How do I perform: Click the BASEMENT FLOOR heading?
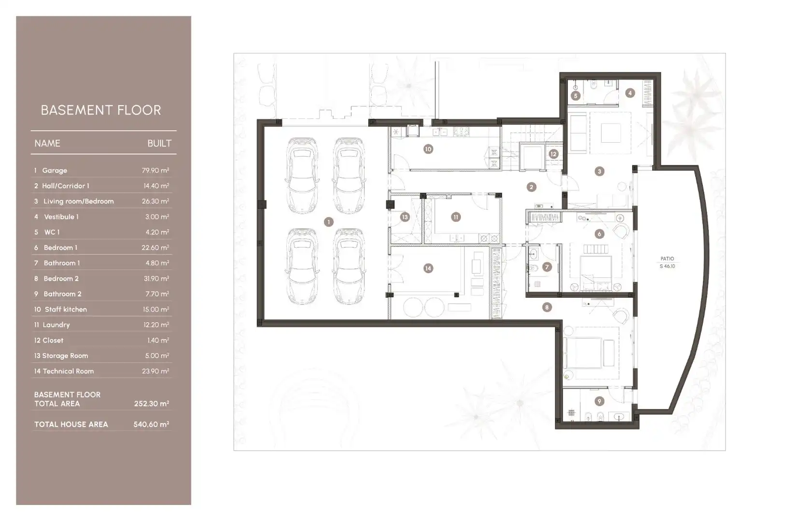click(100, 110)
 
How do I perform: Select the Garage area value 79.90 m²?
click(155, 170)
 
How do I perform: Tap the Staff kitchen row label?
click(66, 309)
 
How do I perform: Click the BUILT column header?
click(159, 143)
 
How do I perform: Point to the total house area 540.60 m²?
click(152, 425)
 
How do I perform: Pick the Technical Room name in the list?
click(68, 371)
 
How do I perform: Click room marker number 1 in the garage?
click(328, 222)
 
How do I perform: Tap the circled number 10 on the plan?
click(428, 149)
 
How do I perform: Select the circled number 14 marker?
click(428, 268)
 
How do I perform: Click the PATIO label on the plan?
click(667, 259)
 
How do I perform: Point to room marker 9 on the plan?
click(599, 401)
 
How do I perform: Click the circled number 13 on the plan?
click(405, 217)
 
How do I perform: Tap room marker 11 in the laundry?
click(456, 217)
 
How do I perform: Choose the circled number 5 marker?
click(575, 96)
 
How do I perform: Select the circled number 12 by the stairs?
click(553, 154)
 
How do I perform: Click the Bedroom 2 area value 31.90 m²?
click(155, 279)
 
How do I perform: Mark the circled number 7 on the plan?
click(546, 267)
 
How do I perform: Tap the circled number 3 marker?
click(599, 171)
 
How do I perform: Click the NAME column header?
click(47, 143)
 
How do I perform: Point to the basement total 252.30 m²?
click(152, 404)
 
